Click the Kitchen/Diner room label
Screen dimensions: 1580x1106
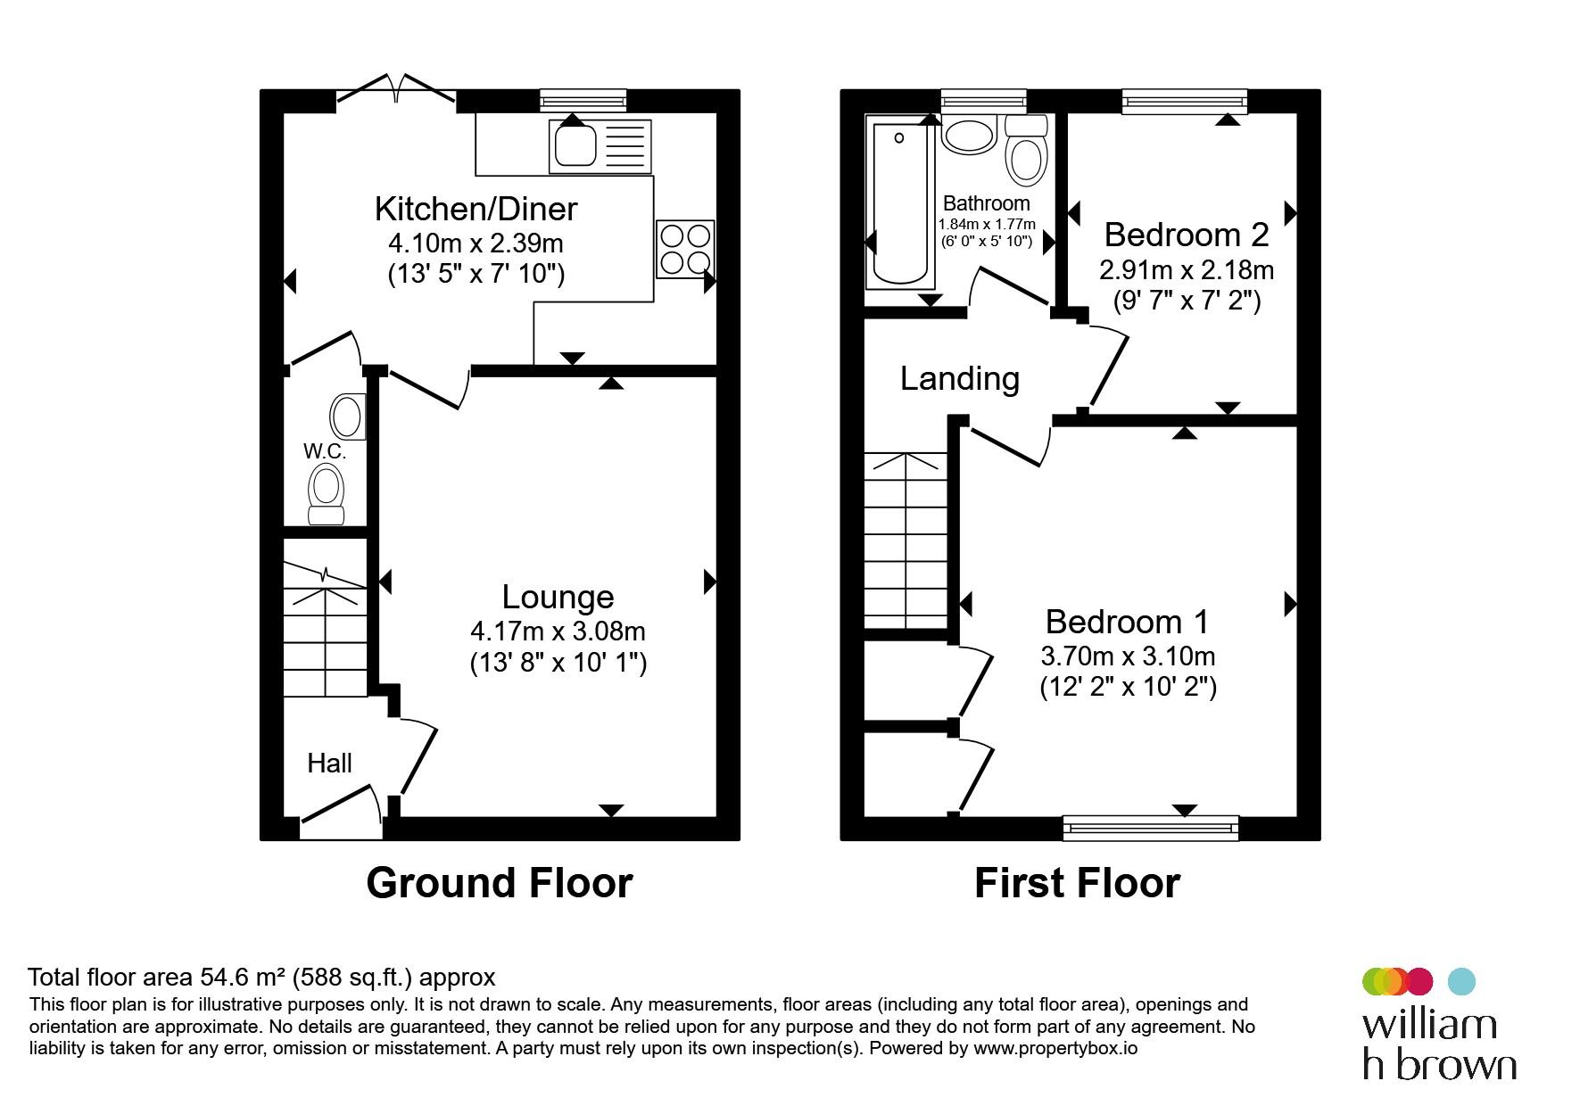tap(476, 209)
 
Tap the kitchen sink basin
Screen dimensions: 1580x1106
tap(575, 145)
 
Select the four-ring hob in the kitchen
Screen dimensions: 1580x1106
tap(685, 249)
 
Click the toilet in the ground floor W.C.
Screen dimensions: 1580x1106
tap(326, 496)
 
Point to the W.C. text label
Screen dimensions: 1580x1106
tap(325, 451)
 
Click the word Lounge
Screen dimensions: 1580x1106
tap(558, 597)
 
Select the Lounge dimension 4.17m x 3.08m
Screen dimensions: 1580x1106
tap(558, 631)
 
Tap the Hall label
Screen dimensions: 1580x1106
tap(329, 763)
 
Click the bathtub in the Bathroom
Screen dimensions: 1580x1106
tap(901, 206)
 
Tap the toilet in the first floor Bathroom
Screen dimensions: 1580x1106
tap(1026, 149)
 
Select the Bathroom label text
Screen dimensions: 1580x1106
tap(986, 203)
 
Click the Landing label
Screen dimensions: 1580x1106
tap(959, 379)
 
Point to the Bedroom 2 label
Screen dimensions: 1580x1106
tap(1186, 235)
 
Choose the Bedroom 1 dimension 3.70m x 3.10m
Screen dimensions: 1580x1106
tap(1128, 656)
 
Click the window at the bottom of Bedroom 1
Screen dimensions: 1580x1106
tap(1151, 828)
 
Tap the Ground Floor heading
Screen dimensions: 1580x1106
tap(500, 882)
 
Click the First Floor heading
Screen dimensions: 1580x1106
tap(1077, 882)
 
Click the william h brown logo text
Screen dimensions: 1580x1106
tap(1439, 1044)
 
